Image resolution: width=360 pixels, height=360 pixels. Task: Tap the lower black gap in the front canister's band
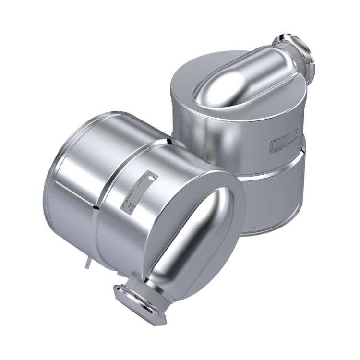tap(97, 207)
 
